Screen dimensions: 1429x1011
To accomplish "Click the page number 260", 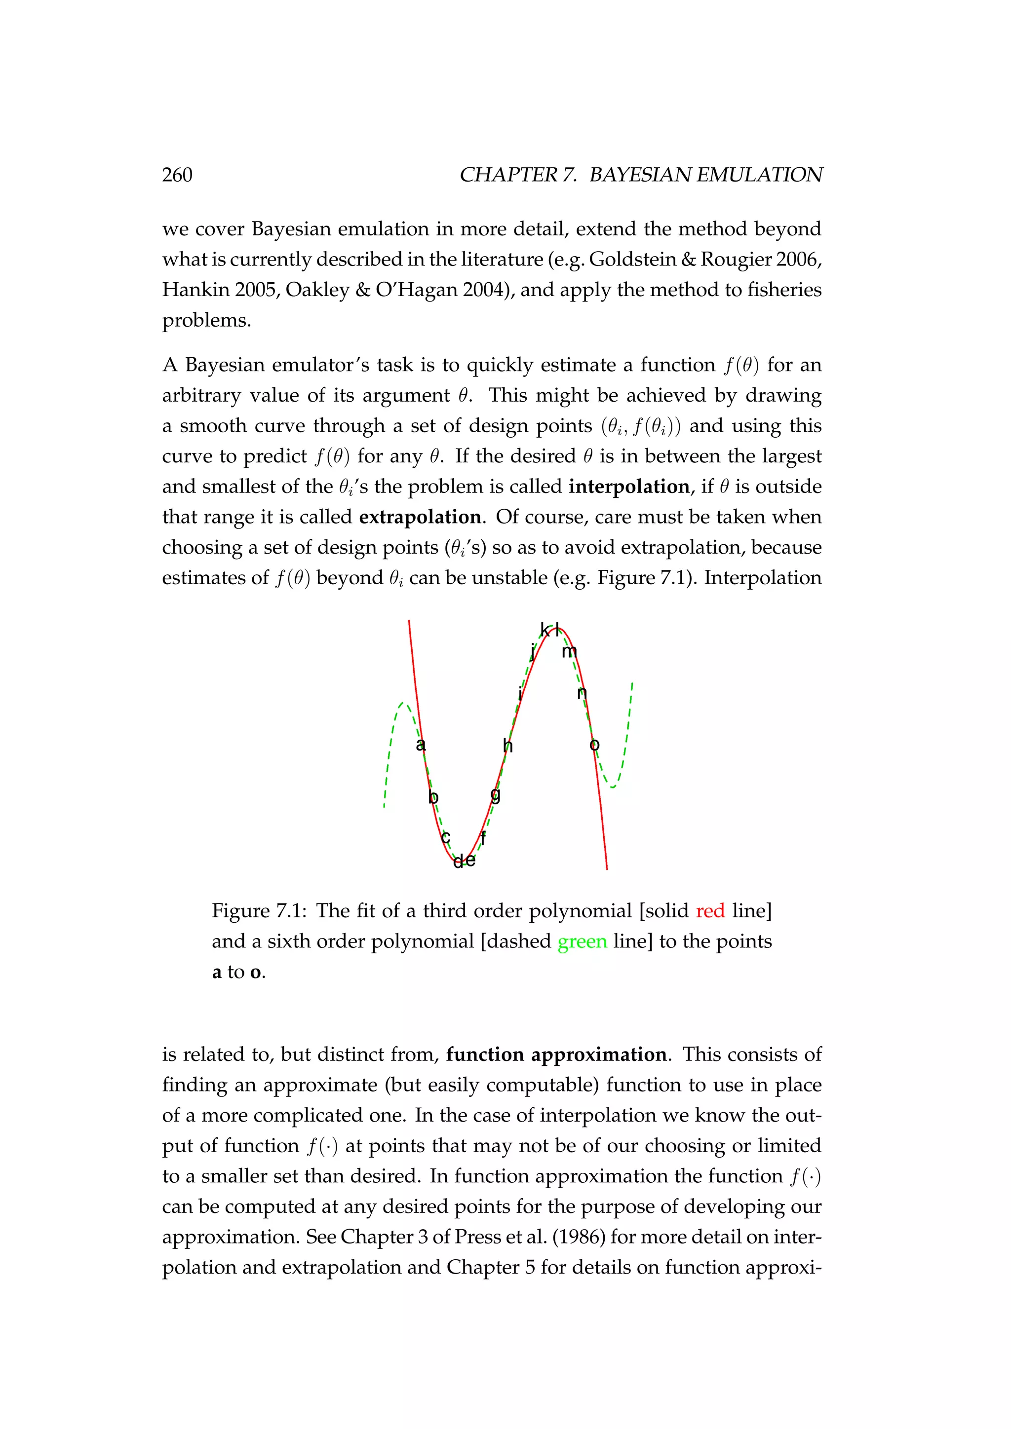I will point(177,175).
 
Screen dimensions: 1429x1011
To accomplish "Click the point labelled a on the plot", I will point(421,745).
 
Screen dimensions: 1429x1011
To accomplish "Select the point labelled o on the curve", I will point(594,745).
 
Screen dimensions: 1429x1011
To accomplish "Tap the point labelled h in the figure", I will point(508,745).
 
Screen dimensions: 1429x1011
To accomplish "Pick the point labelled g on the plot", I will point(496,795).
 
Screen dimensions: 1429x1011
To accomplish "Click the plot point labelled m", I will point(570,652).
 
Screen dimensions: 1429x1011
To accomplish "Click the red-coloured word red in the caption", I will point(710,911).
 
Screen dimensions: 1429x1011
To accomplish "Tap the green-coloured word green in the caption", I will point(582,941).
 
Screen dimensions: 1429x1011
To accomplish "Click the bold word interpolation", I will point(629,487).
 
